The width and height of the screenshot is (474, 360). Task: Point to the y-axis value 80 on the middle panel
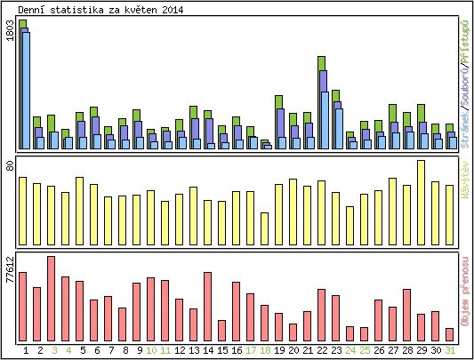point(10,166)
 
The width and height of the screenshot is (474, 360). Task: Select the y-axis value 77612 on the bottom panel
point(10,268)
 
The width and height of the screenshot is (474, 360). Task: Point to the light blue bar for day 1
point(26,90)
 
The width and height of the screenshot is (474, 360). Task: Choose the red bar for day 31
point(449,333)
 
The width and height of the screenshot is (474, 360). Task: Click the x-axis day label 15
point(222,350)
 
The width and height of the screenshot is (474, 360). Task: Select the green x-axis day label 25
point(365,350)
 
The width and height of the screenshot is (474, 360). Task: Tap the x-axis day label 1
point(25,350)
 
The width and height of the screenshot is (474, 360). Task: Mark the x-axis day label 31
point(450,350)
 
